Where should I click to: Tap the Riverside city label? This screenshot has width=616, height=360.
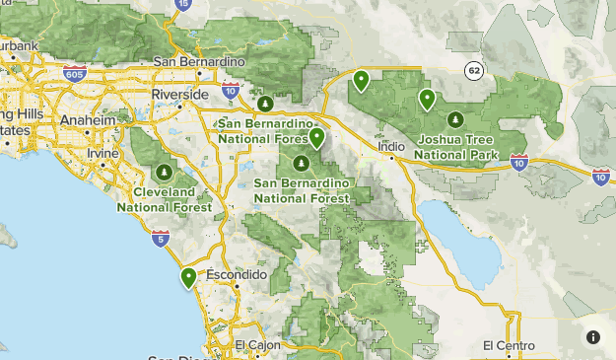coord(179,94)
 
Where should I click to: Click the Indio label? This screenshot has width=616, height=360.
coord(392,146)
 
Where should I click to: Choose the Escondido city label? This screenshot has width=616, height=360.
coord(237,273)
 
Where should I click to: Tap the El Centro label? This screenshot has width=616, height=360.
coord(509,345)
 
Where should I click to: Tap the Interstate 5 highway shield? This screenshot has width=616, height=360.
coord(161,238)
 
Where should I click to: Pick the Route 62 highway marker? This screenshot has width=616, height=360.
coord(475,70)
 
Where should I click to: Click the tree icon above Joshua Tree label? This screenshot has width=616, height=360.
coord(455,119)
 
